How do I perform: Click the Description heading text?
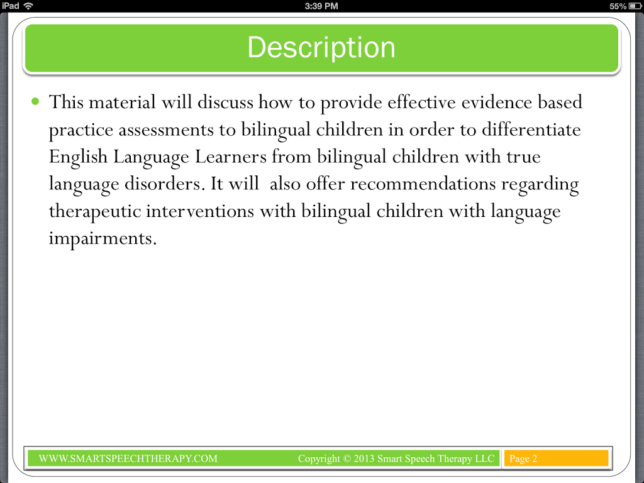(321, 48)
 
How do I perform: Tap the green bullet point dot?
(35, 101)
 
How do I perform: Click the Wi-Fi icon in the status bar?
(28, 6)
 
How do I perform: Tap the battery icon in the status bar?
(635, 6)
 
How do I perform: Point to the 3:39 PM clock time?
(321, 6)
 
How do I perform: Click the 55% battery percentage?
(618, 6)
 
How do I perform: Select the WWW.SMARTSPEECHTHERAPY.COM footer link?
(128, 458)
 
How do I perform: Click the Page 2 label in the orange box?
(523, 458)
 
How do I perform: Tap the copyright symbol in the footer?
(347, 458)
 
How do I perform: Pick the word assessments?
(166, 130)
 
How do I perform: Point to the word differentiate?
(531, 130)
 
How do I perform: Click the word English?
(78, 157)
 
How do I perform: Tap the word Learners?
(230, 157)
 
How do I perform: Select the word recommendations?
(423, 184)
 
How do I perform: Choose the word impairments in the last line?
(103, 239)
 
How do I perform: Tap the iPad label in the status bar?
(10, 6)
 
